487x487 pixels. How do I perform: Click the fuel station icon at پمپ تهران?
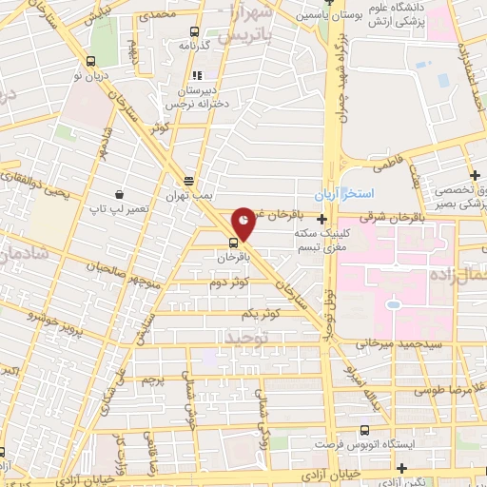189,180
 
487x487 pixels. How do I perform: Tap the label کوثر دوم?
230,282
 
